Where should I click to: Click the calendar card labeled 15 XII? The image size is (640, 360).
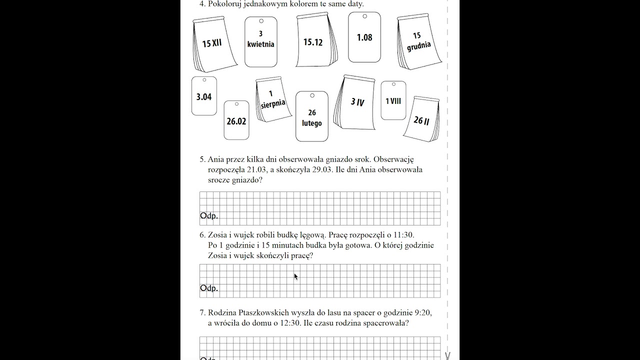(x=212, y=43)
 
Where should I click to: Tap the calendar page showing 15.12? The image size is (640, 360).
(x=313, y=42)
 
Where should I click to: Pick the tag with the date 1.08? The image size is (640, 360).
(x=364, y=37)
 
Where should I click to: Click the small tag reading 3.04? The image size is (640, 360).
(x=204, y=96)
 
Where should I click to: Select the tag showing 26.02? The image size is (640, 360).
(x=236, y=121)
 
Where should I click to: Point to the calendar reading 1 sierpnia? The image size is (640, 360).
(x=272, y=99)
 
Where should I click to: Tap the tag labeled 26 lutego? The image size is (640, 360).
(x=312, y=117)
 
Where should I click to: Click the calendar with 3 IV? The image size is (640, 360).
(x=357, y=102)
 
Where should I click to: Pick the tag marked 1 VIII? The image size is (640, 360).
(x=393, y=101)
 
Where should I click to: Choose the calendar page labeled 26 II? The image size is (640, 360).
(x=421, y=120)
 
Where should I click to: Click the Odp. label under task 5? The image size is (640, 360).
(x=209, y=216)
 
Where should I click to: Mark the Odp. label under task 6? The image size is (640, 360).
(x=209, y=288)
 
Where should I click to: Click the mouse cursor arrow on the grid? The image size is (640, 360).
(x=295, y=276)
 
